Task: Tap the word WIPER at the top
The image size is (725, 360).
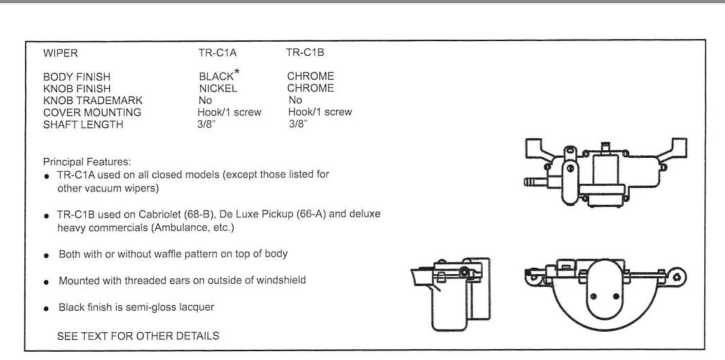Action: (60, 52)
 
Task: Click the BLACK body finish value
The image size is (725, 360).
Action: (215, 77)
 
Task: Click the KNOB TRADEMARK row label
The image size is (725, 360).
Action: (93, 100)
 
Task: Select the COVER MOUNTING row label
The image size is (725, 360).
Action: (92, 112)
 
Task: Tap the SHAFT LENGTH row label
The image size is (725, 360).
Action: (83, 124)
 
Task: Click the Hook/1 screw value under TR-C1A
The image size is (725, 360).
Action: (229, 112)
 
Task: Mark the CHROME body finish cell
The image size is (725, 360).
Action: (310, 77)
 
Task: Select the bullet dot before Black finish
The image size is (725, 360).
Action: (46, 308)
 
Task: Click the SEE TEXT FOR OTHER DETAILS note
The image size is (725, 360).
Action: (138, 336)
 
